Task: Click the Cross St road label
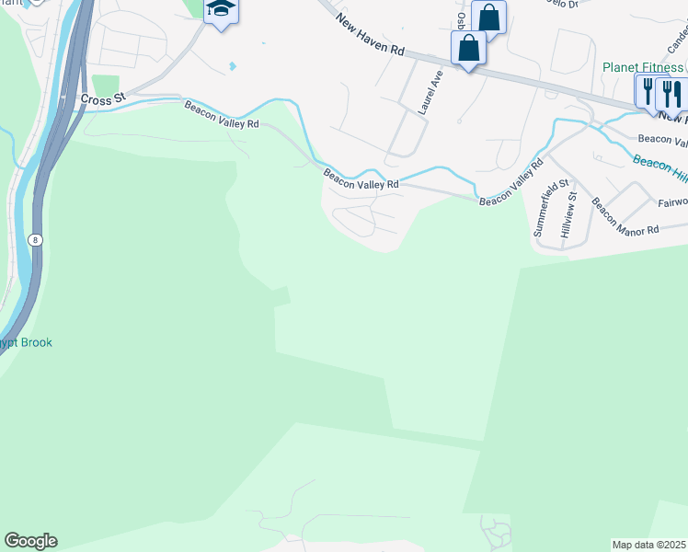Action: point(101,98)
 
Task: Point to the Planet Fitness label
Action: point(643,67)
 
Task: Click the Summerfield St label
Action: point(540,209)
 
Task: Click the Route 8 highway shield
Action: point(36,239)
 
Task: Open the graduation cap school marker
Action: point(221,11)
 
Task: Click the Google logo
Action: point(30,541)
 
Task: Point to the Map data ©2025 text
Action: point(649,545)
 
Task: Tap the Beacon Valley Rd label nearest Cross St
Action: point(222,116)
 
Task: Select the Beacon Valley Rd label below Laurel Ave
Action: point(360,178)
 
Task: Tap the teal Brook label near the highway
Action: point(28,343)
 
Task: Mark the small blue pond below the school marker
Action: point(232,66)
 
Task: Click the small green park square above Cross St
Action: point(106,85)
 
